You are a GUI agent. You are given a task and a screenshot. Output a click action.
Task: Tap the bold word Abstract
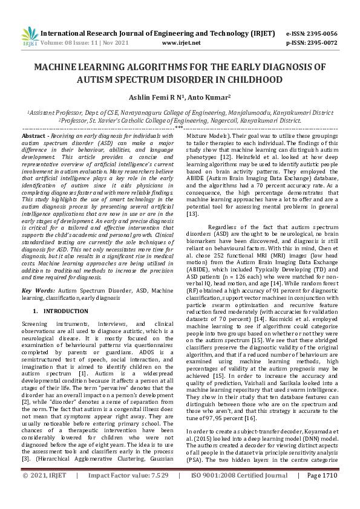pos(34,137)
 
